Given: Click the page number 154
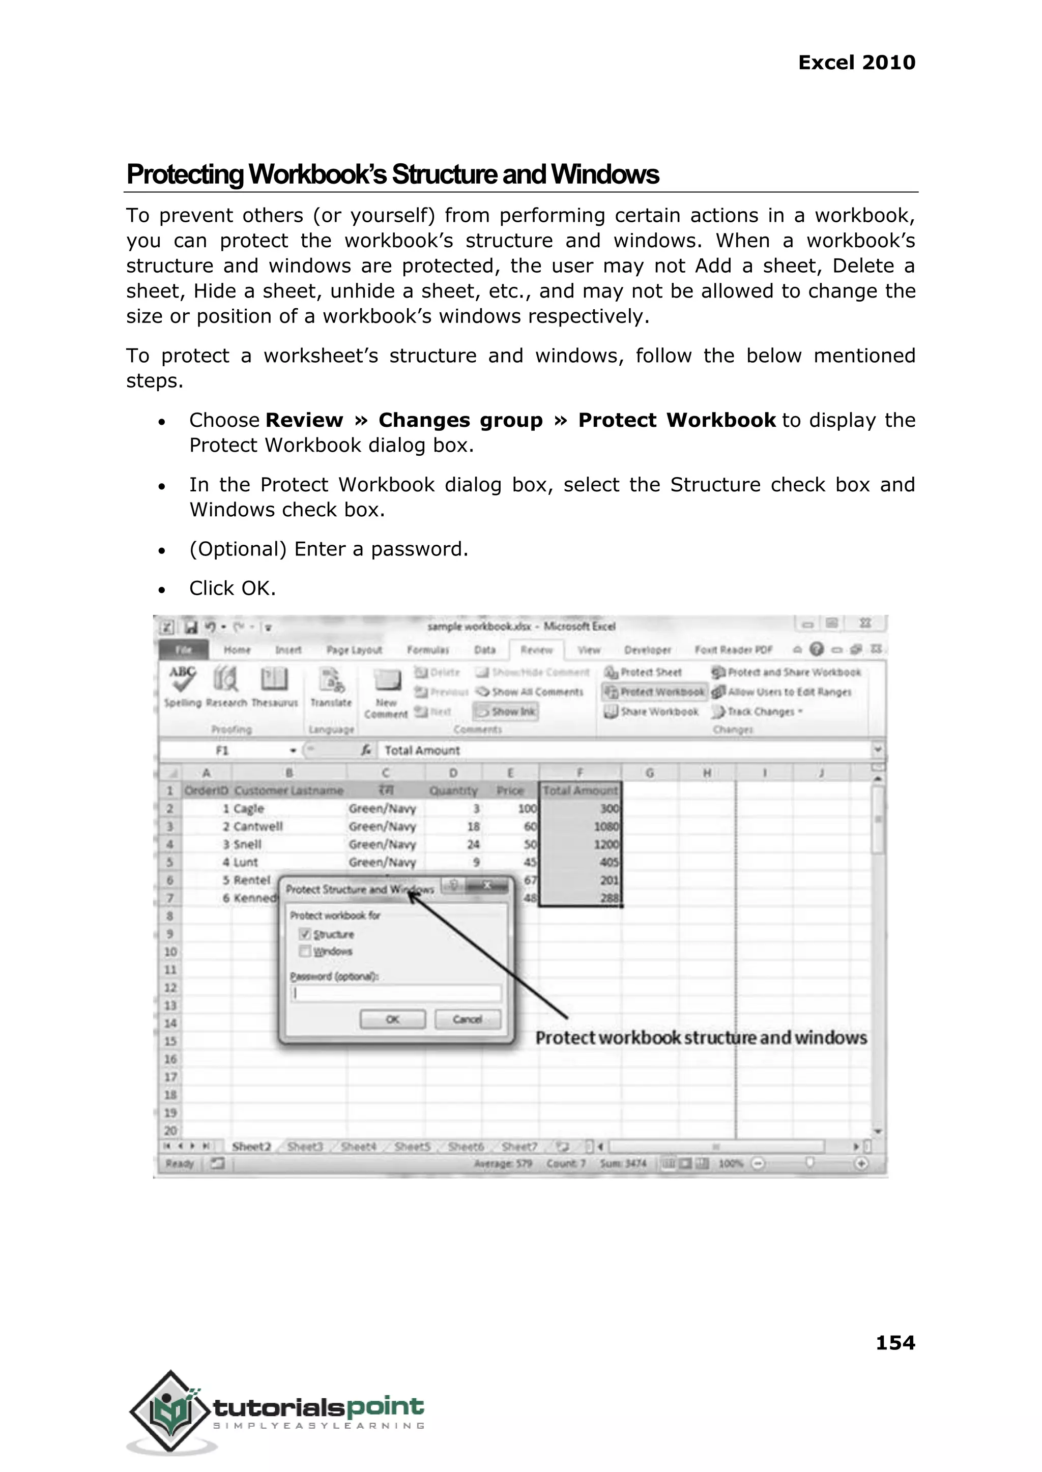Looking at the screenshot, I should (895, 1342).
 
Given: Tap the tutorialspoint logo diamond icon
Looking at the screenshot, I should (170, 1411).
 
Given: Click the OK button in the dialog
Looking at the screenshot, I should (392, 1019).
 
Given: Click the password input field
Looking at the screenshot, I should (396, 993).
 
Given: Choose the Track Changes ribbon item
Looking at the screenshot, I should (757, 711).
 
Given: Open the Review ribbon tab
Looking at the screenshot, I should (536, 650).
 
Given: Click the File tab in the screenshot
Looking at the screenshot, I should (184, 650).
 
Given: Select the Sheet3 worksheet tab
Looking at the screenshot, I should (305, 1146).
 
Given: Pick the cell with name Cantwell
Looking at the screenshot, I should (257, 826).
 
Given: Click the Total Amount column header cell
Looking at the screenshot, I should (580, 790).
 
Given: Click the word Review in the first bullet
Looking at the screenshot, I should (304, 420).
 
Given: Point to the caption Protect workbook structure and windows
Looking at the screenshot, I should (701, 1038).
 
